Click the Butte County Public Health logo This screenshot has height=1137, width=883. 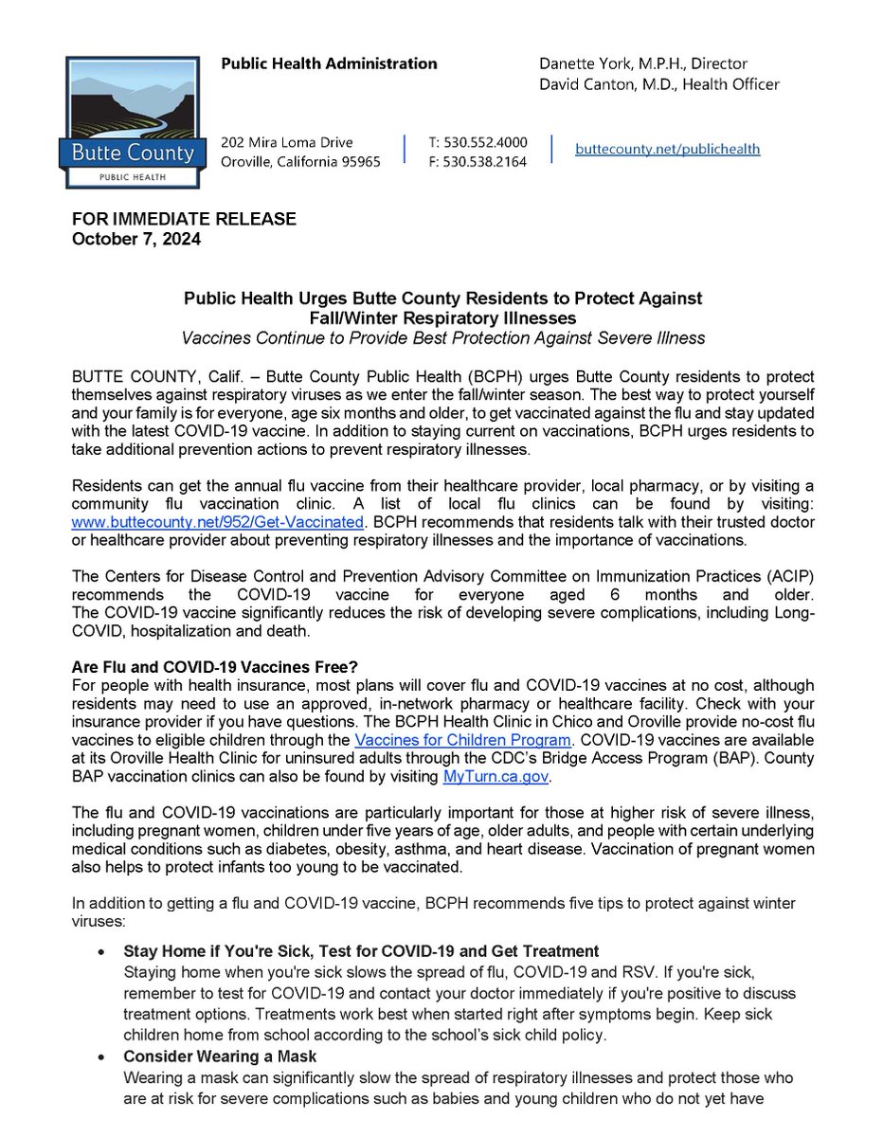coord(131,122)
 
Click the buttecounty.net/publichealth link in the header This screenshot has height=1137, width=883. coord(668,149)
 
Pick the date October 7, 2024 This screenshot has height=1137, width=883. coord(136,239)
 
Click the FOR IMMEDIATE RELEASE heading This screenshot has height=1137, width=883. coord(185,219)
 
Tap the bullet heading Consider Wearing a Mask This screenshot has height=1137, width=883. coord(220,1056)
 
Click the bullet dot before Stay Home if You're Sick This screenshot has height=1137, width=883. coord(101,951)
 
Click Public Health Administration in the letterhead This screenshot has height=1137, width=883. coord(329,64)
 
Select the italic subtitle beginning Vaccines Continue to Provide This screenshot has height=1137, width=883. coord(443,338)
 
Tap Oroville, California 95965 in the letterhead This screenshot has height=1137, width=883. coord(300,161)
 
